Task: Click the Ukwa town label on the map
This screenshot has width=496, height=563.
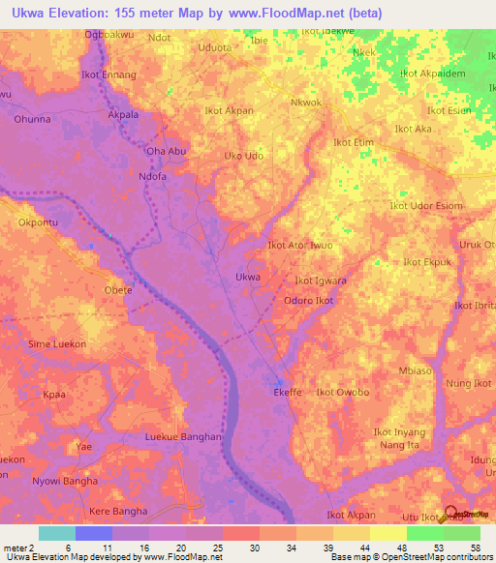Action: click(248, 278)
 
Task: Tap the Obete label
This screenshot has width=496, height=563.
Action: click(117, 289)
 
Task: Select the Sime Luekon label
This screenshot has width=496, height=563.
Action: click(57, 344)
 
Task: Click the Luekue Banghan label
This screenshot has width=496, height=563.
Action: click(183, 437)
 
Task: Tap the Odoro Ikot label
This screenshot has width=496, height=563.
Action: click(308, 301)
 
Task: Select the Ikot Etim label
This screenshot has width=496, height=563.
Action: click(354, 142)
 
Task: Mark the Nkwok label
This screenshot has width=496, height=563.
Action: click(305, 103)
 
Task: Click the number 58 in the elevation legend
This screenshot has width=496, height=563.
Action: click(474, 547)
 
